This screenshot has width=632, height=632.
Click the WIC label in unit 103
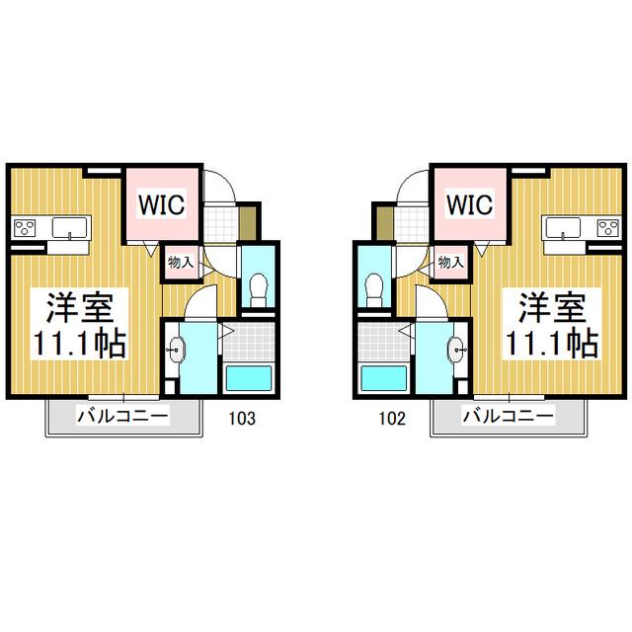pos(162,204)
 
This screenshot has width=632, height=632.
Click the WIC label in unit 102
pos(470,204)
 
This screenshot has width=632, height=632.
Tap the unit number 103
pos(242,419)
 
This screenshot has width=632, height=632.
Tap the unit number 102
pos(392,419)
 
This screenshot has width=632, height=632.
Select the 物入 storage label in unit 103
pos(181,263)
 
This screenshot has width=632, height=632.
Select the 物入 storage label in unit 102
pos(451,263)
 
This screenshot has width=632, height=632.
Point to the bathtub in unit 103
pos(248,378)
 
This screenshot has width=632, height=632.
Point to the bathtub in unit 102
pos(384,378)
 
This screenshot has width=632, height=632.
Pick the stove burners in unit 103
pos(25,228)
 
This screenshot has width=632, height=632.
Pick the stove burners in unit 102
pos(608,228)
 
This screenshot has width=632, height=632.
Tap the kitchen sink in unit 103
pos(69,228)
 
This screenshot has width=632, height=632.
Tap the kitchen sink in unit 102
pos(564,228)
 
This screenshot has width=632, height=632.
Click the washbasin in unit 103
pos(176,349)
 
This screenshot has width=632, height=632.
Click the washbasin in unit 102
pos(456,349)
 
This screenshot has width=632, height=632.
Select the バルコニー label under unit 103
pos(122,416)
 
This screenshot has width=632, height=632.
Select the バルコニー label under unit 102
pos(509,416)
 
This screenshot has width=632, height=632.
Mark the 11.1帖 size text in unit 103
pos(80,345)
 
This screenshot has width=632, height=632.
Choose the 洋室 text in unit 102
pos(552,307)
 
